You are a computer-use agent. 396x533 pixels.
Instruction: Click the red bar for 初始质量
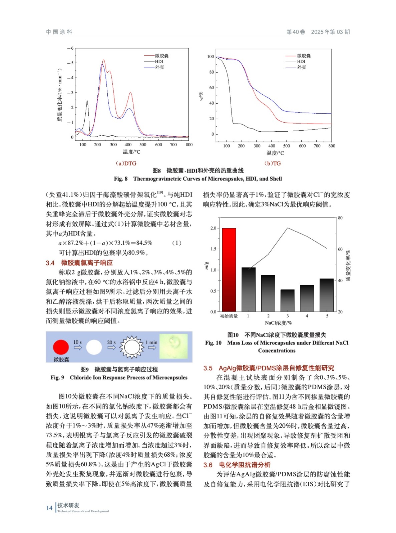(x=229, y=270)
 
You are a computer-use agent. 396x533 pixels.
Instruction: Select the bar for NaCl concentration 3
(x=287, y=300)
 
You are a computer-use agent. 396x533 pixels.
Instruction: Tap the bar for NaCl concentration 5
(x=327, y=295)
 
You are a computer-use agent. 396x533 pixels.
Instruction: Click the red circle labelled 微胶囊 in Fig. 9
(x=61, y=347)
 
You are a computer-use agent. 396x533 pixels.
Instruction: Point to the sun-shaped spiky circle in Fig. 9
(x=132, y=347)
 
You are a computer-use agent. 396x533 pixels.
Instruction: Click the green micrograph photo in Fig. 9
(x=173, y=346)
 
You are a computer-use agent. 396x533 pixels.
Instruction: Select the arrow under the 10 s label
(x=78, y=348)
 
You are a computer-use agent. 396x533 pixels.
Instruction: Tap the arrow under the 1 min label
(x=152, y=348)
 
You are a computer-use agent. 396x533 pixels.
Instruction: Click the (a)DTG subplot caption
(x=126, y=164)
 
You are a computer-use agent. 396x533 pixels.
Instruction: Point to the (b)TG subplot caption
(x=273, y=164)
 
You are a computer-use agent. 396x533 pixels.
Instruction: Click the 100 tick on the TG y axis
(x=211, y=57)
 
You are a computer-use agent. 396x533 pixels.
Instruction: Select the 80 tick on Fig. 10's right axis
(x=340, y=218)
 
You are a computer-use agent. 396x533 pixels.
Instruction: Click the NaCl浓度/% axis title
(x=278, y=323)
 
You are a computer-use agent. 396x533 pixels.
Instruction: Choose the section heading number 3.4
(x=50, y=263)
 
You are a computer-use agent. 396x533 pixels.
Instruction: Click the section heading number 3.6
(x=208, y=465)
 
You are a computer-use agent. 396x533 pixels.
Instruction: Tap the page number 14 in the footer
(x=49, y=508)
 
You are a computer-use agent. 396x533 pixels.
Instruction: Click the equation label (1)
(x=176, y=243)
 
